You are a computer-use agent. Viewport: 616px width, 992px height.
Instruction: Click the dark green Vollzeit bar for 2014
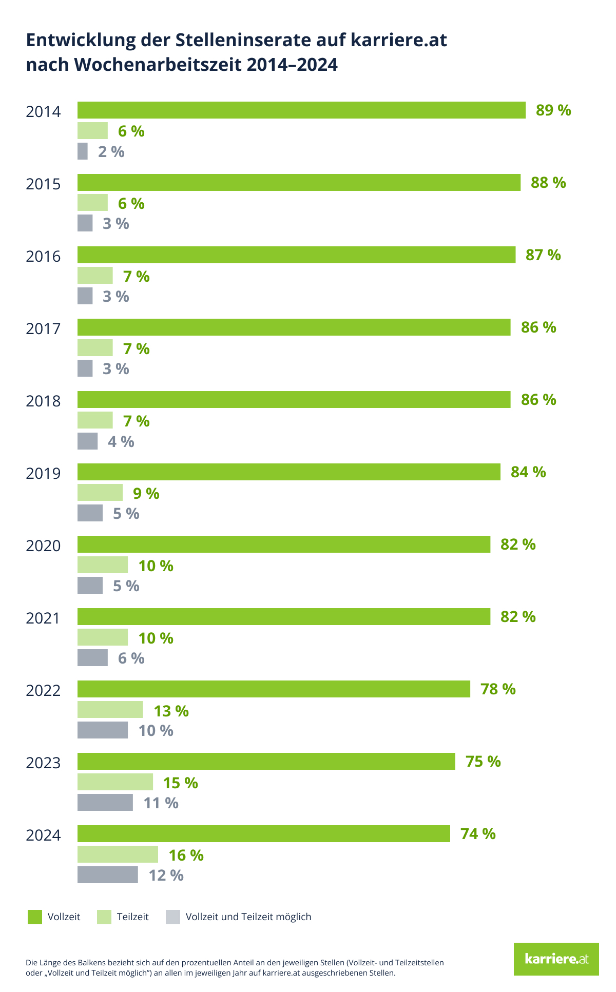[x=301, y=110]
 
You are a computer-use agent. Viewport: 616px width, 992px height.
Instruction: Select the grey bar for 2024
[x=108, y=874]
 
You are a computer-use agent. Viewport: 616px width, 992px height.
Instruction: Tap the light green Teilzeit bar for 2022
[x=110, y=710]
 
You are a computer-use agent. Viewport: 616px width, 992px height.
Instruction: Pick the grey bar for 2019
[x=90, y=513]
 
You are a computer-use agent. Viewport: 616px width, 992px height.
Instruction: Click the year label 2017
[x=43, y=328]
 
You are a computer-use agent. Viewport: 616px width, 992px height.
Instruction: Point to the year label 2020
[x=43, y=546]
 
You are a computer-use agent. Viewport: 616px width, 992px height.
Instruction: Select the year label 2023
[x=43, y=763]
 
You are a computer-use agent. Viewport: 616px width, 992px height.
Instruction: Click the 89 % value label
[x=553, y=110]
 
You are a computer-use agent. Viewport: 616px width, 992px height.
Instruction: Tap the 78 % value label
[x=498, y=689]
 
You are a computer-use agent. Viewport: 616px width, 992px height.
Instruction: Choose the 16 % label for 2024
[x=186, y=855]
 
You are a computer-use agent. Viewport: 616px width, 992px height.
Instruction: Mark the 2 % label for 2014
[x=111, y=152]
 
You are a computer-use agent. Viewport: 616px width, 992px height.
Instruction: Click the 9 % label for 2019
[x=146, y=493]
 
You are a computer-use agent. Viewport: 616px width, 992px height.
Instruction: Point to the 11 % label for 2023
[x=161, y=803]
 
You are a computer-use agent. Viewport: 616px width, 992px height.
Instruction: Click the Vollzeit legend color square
[x=35, y=917]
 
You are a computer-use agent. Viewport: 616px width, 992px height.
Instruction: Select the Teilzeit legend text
[x=132, y=917]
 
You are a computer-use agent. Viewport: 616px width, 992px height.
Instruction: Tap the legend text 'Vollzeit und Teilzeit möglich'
[x=248, y=917]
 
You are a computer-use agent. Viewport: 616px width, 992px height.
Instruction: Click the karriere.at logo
[x=556, y=959]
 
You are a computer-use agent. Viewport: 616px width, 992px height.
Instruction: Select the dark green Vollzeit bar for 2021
[x=284, y=616]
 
